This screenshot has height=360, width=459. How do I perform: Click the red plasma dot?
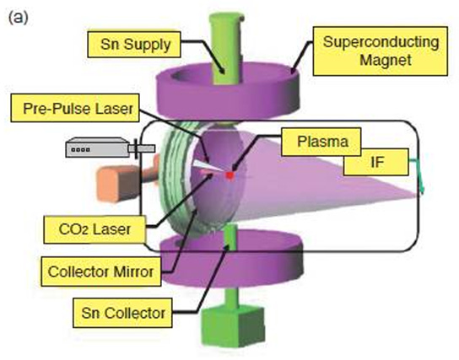[229, 175]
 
